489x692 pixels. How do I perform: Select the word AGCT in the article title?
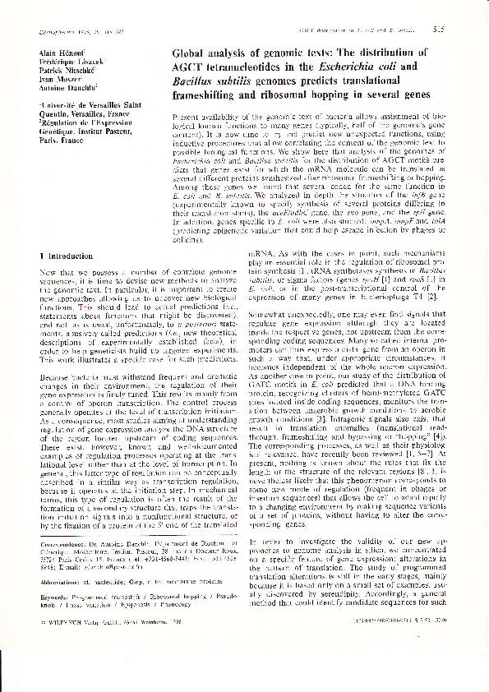[x=191, y=67]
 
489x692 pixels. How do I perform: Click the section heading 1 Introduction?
[x=69, y=257]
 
